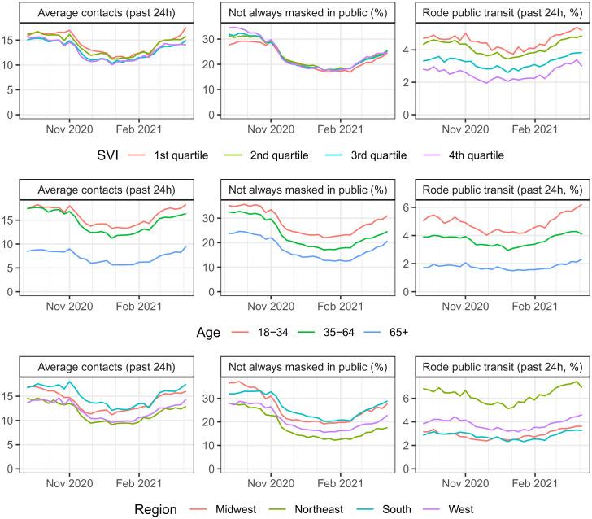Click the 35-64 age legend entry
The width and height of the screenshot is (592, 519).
(325, 332)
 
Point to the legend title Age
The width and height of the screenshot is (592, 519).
(208, 332)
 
